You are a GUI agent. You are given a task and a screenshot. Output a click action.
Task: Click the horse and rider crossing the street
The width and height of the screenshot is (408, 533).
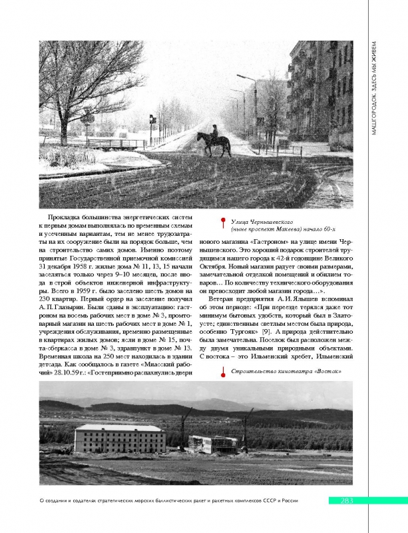[x=213, y=142]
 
